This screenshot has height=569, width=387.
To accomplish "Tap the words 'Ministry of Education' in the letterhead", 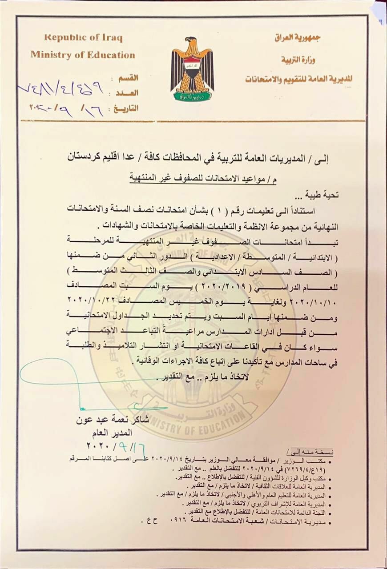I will (x=83, y=55).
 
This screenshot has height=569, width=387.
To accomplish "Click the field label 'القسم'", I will (x=128, y=78).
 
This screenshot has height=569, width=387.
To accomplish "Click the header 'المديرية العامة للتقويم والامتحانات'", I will (x=299, y=79).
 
